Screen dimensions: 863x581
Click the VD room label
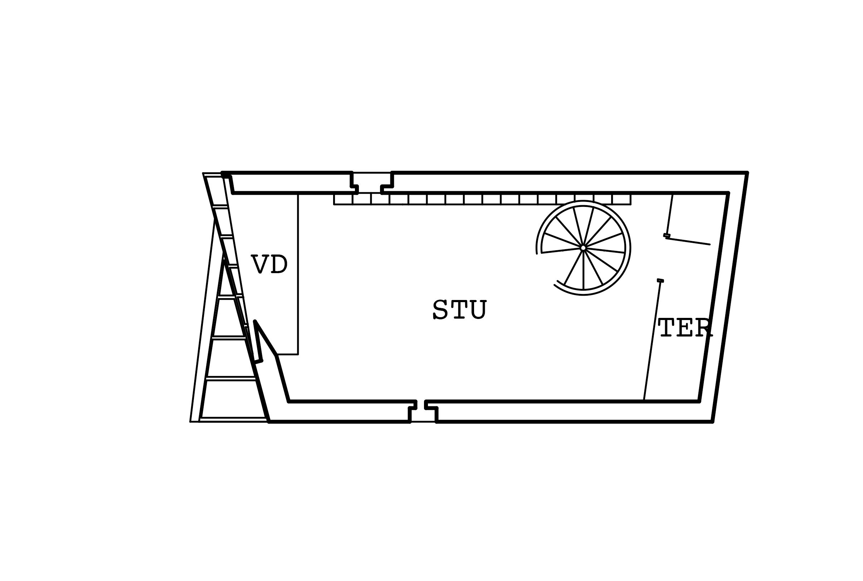(269, 264)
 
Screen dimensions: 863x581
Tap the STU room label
(459, 309)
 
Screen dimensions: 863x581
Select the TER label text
(685, 328)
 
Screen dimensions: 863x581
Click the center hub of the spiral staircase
(583, 248)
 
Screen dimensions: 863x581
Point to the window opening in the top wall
(371, 183)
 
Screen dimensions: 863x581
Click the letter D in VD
(279, 264)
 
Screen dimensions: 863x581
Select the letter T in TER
(667, 328)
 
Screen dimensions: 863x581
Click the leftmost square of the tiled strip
(343, 199)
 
